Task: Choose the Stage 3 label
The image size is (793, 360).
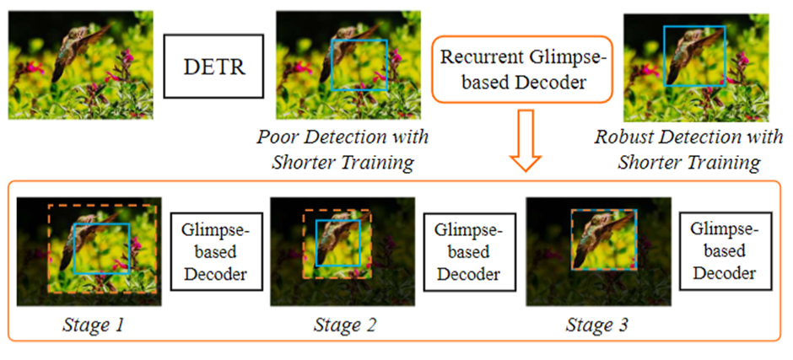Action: click(x=597, y=324)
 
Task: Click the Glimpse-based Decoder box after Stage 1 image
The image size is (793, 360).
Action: click(x=213, y=250)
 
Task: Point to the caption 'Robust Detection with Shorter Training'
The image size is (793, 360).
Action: click(x=688, y=148)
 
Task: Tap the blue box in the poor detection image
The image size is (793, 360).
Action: click(x=360, y=64)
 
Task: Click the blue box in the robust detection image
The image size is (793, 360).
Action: click(x=693, y=56)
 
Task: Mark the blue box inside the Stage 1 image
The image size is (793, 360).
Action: click(x=101, y=249)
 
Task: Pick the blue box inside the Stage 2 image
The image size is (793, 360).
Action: click(x=337, y=243)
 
